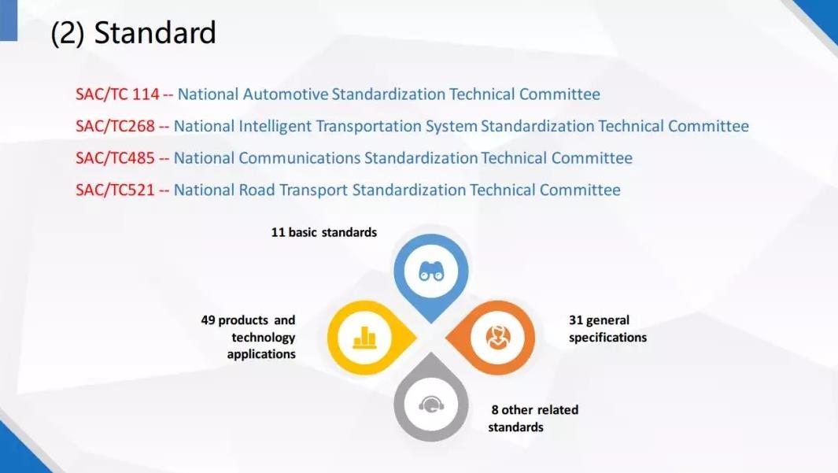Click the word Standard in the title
[155, 32]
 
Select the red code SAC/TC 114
[117, 94]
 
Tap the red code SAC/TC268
[115, 126]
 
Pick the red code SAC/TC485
[115, 158]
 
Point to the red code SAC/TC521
[115, 190]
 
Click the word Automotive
[286, 94]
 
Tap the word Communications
[300, 158]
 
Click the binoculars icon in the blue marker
[431, 272]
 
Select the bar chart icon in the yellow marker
[365, 338]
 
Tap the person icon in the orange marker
[498, 338]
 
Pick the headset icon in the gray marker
[431, 404]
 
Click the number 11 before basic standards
[278, 232]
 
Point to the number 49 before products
[208, 320]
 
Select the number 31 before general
[576, 320]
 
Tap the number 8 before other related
[495, 410]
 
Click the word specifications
[607, 338]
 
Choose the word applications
[261, 354]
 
